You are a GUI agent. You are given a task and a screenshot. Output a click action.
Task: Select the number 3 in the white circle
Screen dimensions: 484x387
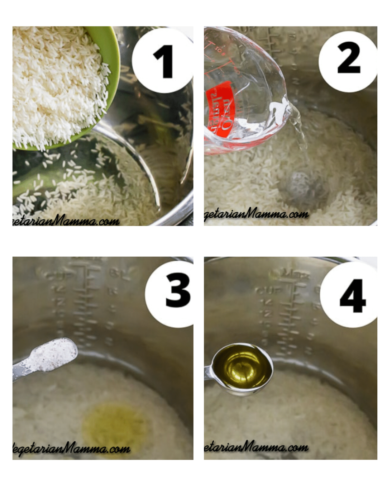click(x=178, y=290)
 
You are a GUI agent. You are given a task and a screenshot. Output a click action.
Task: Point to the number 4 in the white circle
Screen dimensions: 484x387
click(x=353, y=295)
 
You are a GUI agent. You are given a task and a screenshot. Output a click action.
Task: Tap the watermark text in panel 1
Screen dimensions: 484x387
click(x=66, y=220)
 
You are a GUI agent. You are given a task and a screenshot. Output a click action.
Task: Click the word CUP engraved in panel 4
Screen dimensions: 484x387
click(x=265, y=290)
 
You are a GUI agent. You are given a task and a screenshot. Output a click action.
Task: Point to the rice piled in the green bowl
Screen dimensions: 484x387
click(x=57, y=86)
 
